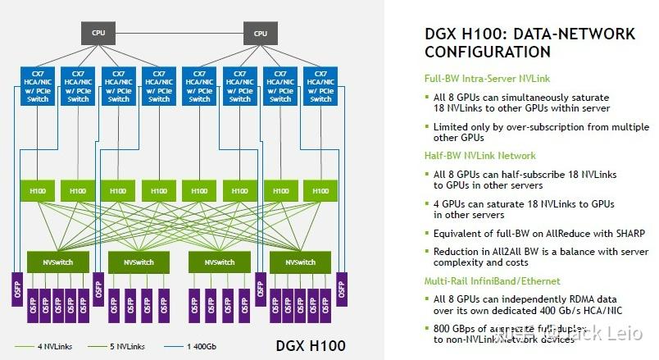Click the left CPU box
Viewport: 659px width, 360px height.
tap(99, 33)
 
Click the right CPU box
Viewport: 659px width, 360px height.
tap(260, 33)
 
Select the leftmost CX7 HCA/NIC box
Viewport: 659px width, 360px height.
tap(38, 85)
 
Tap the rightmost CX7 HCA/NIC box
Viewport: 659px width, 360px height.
tap(320, 85)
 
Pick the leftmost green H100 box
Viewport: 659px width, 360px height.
tap(38, 190)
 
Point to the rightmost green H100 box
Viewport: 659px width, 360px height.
tap(320, 190)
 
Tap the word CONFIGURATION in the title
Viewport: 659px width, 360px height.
tap(488, 52)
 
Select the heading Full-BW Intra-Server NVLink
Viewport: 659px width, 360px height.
tap(483, 79)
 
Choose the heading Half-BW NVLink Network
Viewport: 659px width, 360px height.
tap(479, 156)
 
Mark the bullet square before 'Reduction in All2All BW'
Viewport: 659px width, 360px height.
tap(427, 253)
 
